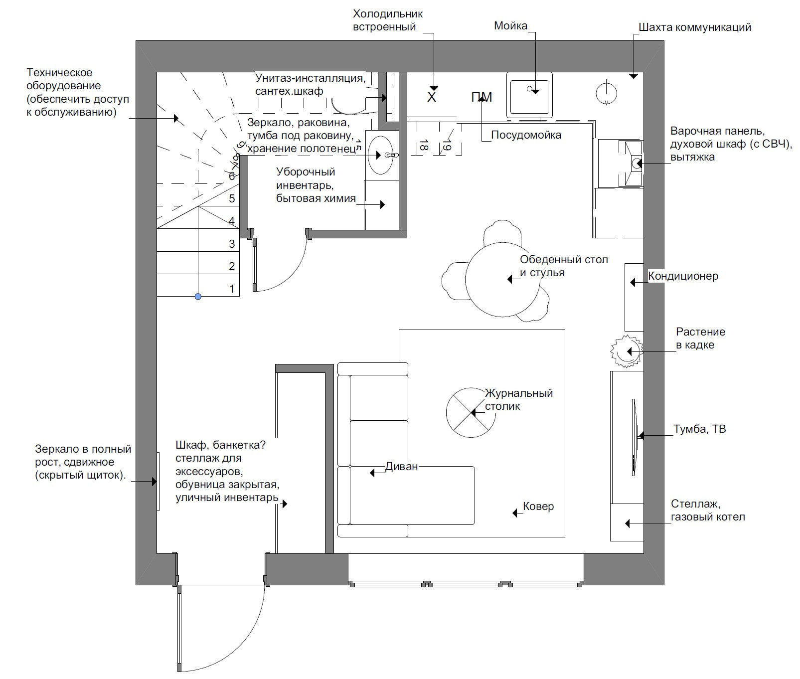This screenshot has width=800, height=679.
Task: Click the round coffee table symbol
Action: pos(471,413)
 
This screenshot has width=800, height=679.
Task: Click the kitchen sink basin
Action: pos(529,94)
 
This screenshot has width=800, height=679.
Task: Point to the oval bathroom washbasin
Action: pos(381,155)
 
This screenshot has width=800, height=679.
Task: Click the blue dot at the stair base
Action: pos(198,297)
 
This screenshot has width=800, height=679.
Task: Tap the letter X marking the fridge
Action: pos(432,97)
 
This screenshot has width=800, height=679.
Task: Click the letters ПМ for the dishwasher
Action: pos(481,97)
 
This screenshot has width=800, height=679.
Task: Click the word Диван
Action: pos(401,467)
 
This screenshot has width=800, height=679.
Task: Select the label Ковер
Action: pos(538,507)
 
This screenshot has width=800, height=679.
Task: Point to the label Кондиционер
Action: pos(683,276)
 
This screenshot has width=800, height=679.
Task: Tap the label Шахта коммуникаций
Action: pos(695,27)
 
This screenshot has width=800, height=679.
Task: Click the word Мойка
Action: pos(510,26)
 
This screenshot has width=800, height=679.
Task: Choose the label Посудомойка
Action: pos(526,135)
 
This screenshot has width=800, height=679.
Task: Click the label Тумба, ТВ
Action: pos(700,429)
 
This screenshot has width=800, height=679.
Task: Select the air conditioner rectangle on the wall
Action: pos(634,297)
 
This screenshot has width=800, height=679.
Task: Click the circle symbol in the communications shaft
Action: pos(606,92)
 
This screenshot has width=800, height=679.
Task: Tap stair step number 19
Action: pos(447,146)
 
